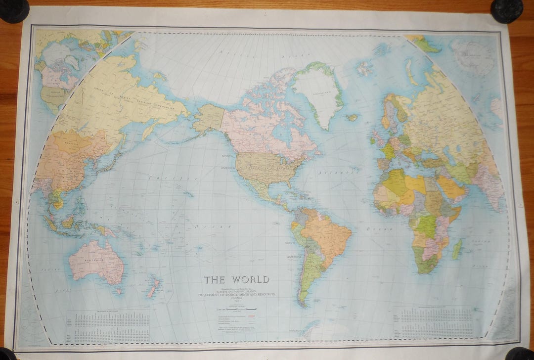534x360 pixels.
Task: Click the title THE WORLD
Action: point(237,279)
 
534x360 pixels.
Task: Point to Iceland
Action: point(352,117)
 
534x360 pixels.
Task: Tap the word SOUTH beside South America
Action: point(291,243)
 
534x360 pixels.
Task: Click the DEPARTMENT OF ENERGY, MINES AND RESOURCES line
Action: point(237,294)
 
